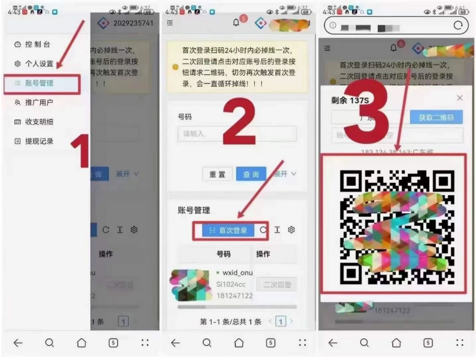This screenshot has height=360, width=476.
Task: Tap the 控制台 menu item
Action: pos(37,44)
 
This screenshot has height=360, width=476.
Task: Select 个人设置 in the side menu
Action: pos(39,64)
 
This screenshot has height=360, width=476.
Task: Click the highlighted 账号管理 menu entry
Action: pos(39,83)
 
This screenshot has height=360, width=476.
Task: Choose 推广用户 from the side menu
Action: pos(39,103)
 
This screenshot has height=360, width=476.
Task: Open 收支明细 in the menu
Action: pos(39,122)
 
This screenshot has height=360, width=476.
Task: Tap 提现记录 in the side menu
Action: pos(39,141)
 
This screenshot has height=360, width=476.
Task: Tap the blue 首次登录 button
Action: pos(229,231)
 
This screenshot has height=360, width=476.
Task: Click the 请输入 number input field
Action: pos(237,134)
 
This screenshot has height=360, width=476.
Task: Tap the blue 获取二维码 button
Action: pos(436,118)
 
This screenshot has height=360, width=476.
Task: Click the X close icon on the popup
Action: pos(459,98)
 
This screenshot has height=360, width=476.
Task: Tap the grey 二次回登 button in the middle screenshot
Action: pos(276,285)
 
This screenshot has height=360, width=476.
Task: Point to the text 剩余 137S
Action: pos(350,101)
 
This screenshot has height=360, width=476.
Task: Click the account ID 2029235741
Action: pos(133,24)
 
